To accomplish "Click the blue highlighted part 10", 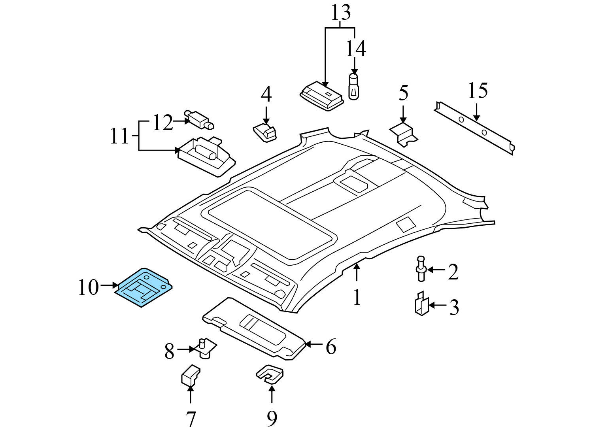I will coord(144,287).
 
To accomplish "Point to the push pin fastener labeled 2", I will coord(421,269).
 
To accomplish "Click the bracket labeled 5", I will coord(404,134).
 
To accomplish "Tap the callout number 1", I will coord(357,297).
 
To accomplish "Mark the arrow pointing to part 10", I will coord(109,285).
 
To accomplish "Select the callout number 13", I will coord(340,13).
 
